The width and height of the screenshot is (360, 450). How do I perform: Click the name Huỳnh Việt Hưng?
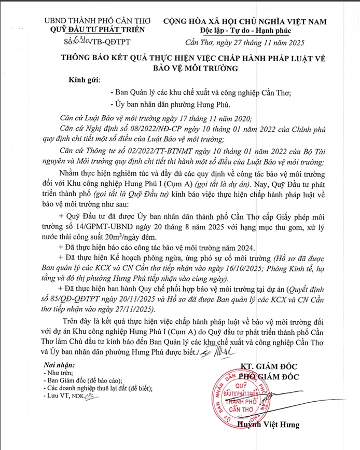tap(269, 425)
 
